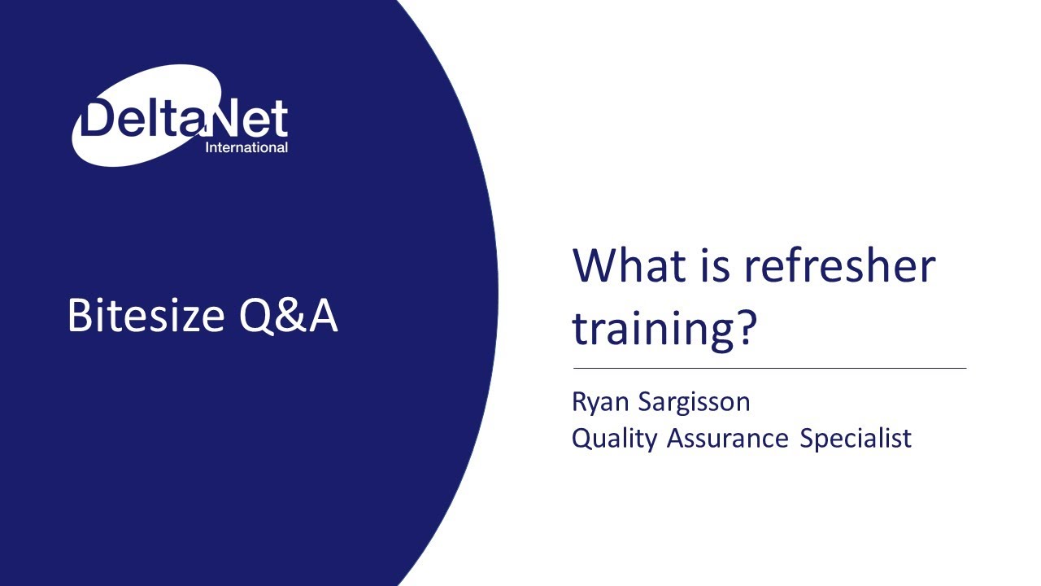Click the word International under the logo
coord(246,148)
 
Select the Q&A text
coord(289,316)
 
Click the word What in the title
coord(629,266)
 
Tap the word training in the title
coord(646,328)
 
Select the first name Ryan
coord(600,402)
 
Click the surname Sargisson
coord(695,402)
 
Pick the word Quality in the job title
coord(614,439)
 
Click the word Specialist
coord(856,439)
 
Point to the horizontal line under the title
coord(769,369)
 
